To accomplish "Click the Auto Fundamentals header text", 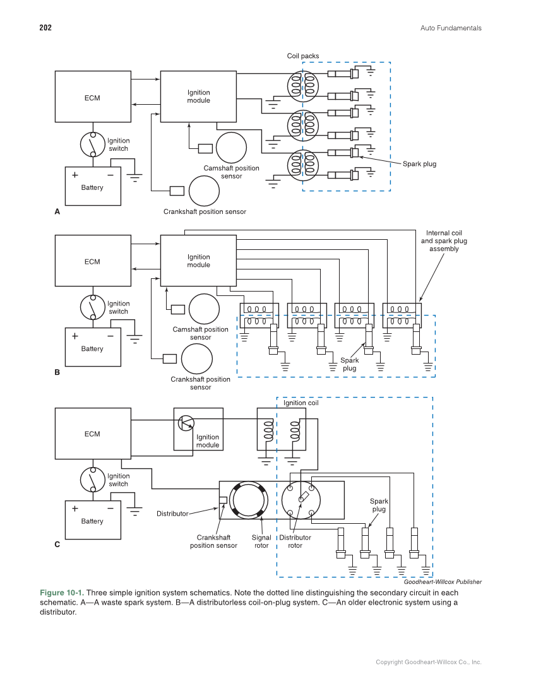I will click(x=450, y=28).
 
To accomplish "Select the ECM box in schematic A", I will click(x=92, y=97).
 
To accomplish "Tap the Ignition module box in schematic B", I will click(x=198, y=261).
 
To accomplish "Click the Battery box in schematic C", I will click(x=92, y=521).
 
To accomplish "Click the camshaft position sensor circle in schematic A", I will click(x=231, y=148).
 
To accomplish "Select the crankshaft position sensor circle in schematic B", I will click(x=196, y=358).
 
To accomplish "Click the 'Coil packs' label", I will click(x=303, y=56).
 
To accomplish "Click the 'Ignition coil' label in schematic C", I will click(x=301, y=403).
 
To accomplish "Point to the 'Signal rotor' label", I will click(x=261, y=541).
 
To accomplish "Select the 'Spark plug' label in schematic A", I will click(x=419, y=164).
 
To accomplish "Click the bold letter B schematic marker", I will click(x=57, y=372).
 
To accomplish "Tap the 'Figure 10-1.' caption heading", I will click(x=61, y=593).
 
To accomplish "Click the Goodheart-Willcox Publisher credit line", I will click(x=443, y=582).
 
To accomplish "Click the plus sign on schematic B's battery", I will click(x=74, y=336).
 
